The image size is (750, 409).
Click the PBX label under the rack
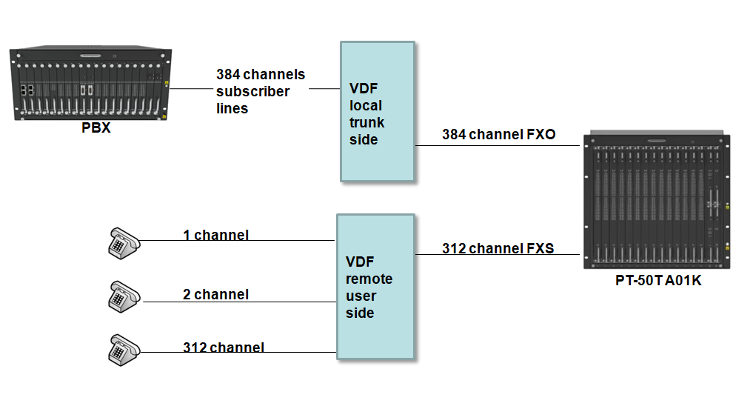click(x=96, y=127)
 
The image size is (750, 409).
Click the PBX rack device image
click(x=90, y=84)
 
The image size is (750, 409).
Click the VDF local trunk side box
click(x=377, y=111)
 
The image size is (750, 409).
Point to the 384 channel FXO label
click(x=498, y=135)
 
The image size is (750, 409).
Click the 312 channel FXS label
click(x=498, y=248)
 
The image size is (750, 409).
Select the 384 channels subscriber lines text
click(x=260, y=91)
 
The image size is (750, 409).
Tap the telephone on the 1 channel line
click(x=124, y=242)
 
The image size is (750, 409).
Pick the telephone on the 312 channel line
click(x=123, y=348)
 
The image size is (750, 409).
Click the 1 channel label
click(x=215, y=236)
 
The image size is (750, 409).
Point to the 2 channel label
click(x=215, y=294)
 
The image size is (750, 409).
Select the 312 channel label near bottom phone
click(x=223, y=348)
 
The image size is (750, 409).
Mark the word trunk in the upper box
click(x=366, y=123)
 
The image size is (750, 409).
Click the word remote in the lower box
click(x=369, y=279)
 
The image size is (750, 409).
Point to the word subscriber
click(x=252, y=91)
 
